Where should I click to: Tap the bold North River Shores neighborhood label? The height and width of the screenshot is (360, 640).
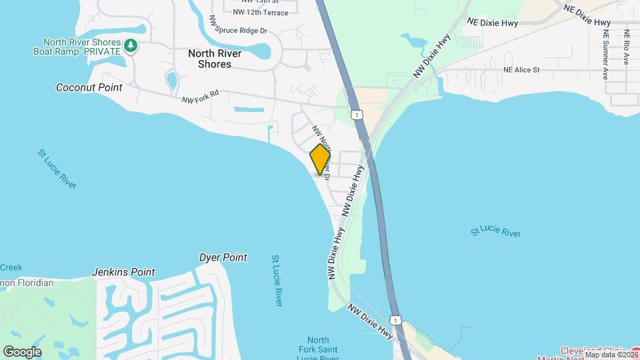pyautogui.click(x=215, y=59)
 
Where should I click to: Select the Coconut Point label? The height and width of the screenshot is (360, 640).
pyautogui.click(x=89, y=87)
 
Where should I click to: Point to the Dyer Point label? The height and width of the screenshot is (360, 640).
pyautogui.click(x=223, y=257)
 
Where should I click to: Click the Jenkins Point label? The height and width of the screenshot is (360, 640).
pyautogui.click(x=123, y=272)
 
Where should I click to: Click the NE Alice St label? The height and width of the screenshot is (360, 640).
pyautogui.click(x=521, y=69)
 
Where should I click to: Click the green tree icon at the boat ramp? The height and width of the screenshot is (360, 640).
pyautogui.click(x=132, y=45)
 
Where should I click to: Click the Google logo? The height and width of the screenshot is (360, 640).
pyautogui.click(x=22, y=352)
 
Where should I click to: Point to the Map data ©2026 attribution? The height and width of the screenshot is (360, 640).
pyautogui.click(x=611, y=355)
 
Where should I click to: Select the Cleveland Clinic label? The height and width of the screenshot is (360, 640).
pyautogui.click(x=593, y=350)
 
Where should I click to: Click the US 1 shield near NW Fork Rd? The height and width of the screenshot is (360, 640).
pyautogui.click(x=358, y=115)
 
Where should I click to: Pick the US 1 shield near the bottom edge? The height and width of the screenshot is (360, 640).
pyautogui.click(x=397, y=320)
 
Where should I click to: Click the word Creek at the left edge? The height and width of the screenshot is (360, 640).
pyautogui.click(x=11, y=267)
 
